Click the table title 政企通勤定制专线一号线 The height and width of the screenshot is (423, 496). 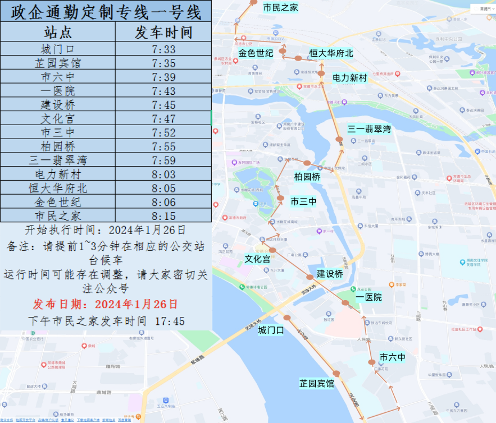[x=106, y=11]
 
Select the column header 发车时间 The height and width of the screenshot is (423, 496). [x=163, y=32]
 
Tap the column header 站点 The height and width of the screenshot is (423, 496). [x=58, y=32]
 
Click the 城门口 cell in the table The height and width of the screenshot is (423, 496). [x=58, y=49]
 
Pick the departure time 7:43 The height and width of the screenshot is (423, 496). [x=163, y=91]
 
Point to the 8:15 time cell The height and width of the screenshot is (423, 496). [x=163, y=216]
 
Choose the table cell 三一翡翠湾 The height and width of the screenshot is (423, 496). [x=58, y=160]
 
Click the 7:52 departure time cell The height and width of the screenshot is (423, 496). [x=163, y=132]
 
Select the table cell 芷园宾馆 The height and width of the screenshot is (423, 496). [x=58, y=63]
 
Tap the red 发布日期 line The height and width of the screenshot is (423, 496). [x=106, y=304]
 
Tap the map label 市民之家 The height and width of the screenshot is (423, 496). [x=280, y=7]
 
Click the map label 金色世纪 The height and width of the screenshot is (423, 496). [x=255, y=53]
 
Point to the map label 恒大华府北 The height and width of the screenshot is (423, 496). [x=331, y=53]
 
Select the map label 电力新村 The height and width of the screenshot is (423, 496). [x=349, y=78]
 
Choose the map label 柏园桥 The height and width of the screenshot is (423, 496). [x=307, y=177]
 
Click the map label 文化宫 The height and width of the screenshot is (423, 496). [x=257, y=259]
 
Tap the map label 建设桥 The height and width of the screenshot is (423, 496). [x=329, y=274]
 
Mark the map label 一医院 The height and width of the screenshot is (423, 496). [x=369, y=297]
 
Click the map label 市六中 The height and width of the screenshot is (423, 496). [x=392, y=357]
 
